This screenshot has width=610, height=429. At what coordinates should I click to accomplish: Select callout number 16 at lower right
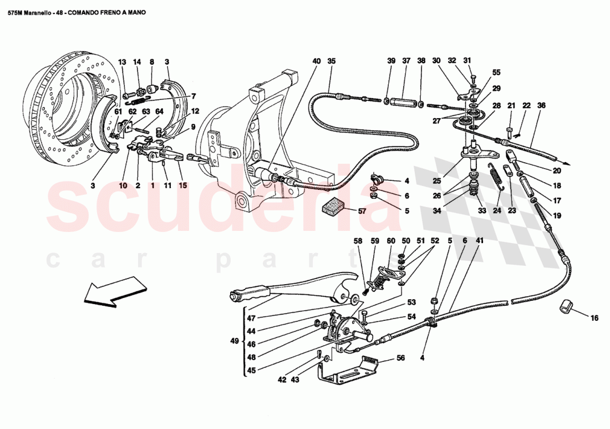pyautogui.click(x=594, y=318)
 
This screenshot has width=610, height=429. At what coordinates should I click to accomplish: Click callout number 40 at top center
pyautogui.click(x=316, y=61)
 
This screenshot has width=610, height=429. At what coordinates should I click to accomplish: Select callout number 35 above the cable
pyautogui.click(x=331, y=61)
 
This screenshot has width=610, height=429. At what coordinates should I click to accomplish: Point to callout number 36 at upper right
pyautogui.click(x=541, y=105)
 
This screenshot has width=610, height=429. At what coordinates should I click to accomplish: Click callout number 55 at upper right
pyautogui.click(x=496, y=72)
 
